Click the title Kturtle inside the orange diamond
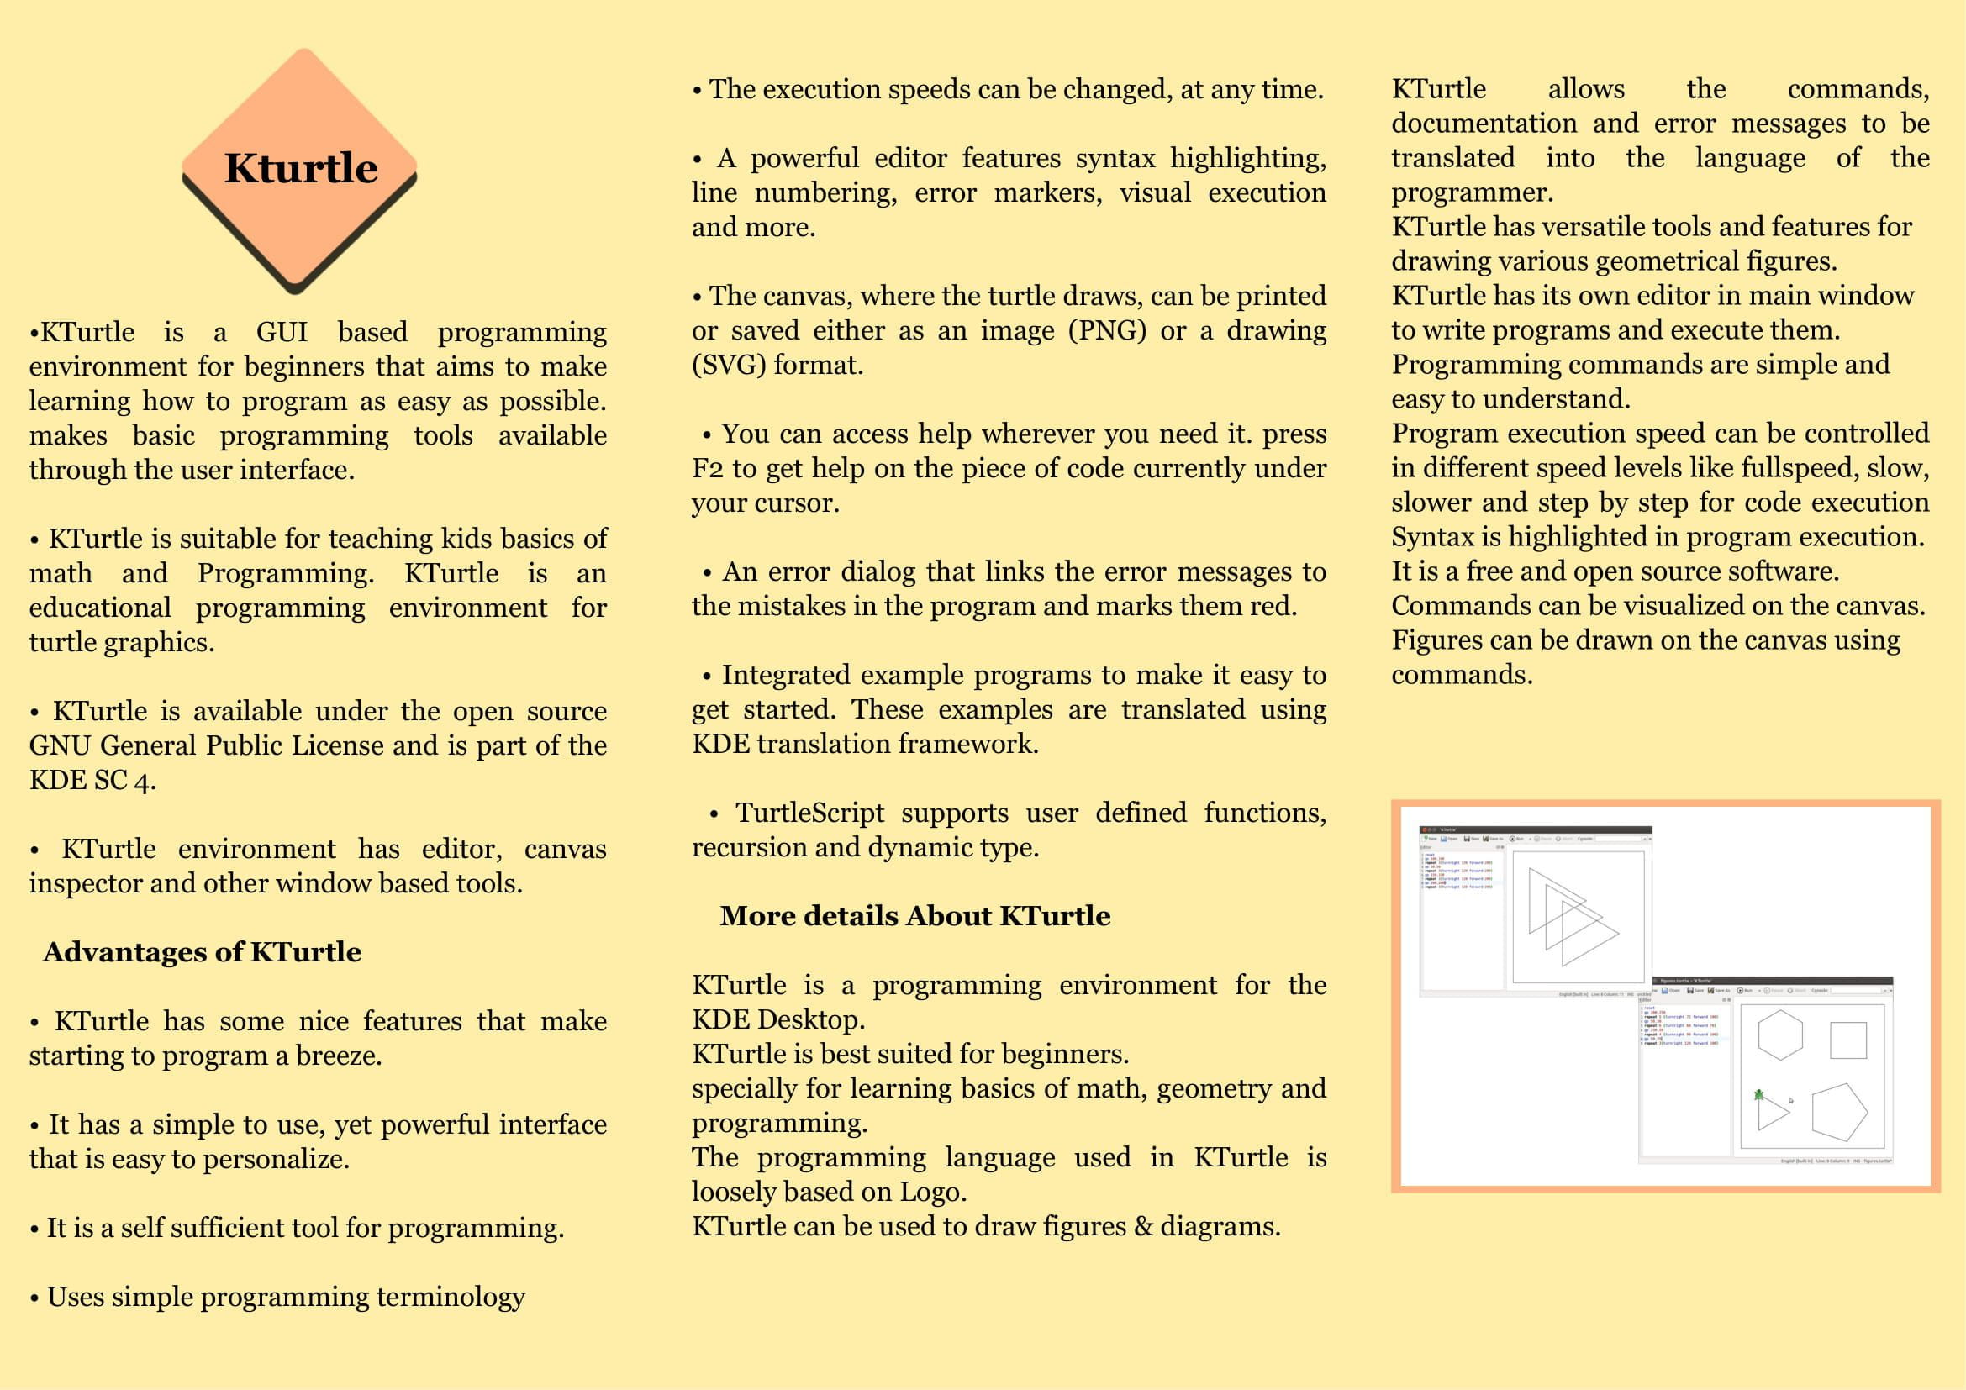point(301,168)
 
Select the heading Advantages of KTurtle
point(202,952)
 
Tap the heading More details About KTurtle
point(914,916)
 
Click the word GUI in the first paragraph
point(282,332)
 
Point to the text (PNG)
point(1107,330)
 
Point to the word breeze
point(338,1056)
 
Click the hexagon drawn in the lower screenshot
point(1780,1035)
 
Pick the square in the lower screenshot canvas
point(1847,1040)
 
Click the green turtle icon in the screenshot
point(1758,1094)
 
